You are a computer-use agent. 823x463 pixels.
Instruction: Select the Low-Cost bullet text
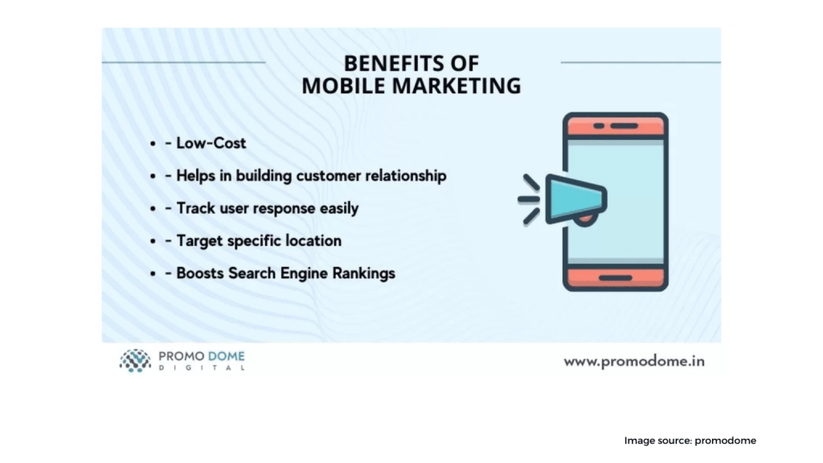pos(211,143)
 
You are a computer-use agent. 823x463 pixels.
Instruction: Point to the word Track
pos(195,208)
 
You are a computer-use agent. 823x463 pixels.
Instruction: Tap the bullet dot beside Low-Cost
pos(153,143)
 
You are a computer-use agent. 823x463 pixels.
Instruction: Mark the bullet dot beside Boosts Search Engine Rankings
pos(153,273)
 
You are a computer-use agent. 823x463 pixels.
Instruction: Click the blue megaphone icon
pos(575,199)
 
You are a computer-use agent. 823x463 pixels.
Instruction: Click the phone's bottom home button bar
pos(616,277)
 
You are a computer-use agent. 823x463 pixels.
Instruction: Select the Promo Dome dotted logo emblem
pos(135,361)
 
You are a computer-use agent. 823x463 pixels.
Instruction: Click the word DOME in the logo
pos(226,356)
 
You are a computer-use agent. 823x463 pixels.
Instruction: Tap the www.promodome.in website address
pos(634,361)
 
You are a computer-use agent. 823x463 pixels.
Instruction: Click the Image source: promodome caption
pos(690,440)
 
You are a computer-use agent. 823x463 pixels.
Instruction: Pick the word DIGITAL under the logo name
pos(202,367)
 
